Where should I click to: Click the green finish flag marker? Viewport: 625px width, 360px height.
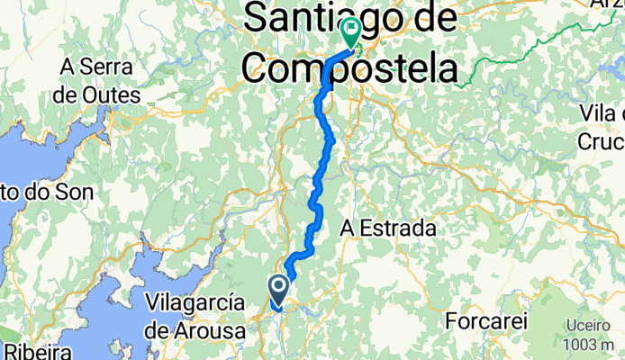pyautogui.click(x=349, y=33)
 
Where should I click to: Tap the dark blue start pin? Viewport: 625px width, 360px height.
pyautogui.click(x=278, y=289)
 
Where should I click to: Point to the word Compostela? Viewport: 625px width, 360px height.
pyautogui.click(x=349, y=67)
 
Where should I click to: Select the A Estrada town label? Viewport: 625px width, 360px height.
pyautogui.click(x=387, y=229)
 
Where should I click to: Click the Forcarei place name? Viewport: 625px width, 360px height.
pyautogui.click(x=484, y=320)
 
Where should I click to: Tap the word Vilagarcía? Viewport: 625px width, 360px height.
pyautogui.click(x=195, y=301)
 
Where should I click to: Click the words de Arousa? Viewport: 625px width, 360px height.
pyautogui.click(x=196, y=330)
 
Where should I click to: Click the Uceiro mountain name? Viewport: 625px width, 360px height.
pyautogui.click(x=588, y=325)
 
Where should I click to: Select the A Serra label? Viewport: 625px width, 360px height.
pyautogui.click(x=95, y=67)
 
